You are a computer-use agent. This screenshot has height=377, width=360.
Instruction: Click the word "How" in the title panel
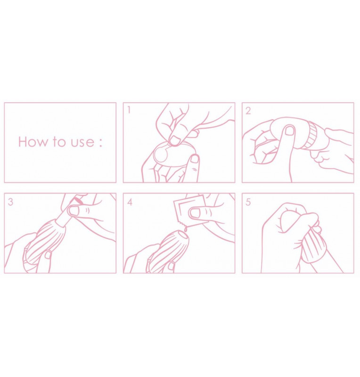pyautogui.click(x=33, y=142)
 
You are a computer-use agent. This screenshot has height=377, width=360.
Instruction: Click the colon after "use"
pyautogui.click(x=100, y=142)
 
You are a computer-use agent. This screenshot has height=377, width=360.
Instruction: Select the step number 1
pyautogui.click(x=129, y=110)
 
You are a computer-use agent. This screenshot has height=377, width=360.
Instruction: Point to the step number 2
pyautogui.click(x=248, y=111)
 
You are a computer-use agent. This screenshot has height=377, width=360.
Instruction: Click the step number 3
pyautogui.click(x=10, y=202)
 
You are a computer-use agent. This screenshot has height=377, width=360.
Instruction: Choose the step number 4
pyautogui.click(x=130, y=202)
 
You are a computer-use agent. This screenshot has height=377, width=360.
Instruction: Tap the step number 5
pyautogui.click(x=248, y=202)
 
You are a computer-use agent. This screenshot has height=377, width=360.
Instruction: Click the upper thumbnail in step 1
pyautogui.click(x=176, y=140)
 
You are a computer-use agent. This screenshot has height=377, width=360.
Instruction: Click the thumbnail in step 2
pyautogui.click(x=289, y=131)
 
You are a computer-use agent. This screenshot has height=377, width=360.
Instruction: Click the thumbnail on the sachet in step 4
pyautogui.click(x=196, y=213)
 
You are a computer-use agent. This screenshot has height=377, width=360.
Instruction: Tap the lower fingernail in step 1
pyautogui.click(x=195, y=159)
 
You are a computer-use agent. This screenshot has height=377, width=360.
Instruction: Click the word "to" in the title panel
pyautogui.click(x=59, y=142)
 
